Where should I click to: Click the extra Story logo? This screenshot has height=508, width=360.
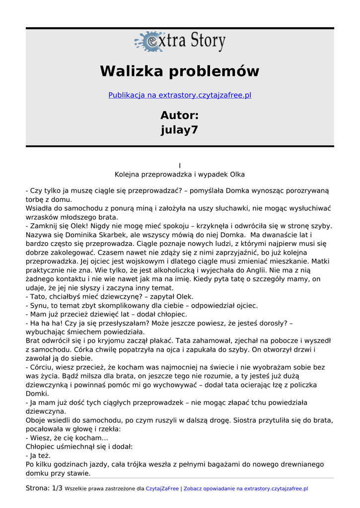point(180,42)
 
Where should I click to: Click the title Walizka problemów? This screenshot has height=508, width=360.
point(180,71)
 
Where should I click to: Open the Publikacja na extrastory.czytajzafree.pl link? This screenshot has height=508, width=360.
point(180,95)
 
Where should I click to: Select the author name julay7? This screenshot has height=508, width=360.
point(180,130)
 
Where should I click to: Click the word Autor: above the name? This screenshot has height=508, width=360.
point(180,116)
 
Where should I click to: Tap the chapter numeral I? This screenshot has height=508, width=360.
point(180,166)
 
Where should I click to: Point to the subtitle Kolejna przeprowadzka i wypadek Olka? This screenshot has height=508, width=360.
point(180,175)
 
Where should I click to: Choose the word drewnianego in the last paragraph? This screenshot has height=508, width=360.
point(303,464)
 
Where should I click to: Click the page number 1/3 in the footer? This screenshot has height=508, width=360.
point(57,488)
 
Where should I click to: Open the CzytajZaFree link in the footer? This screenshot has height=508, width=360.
point(162,489)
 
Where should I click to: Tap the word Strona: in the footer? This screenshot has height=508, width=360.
point(38,488)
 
